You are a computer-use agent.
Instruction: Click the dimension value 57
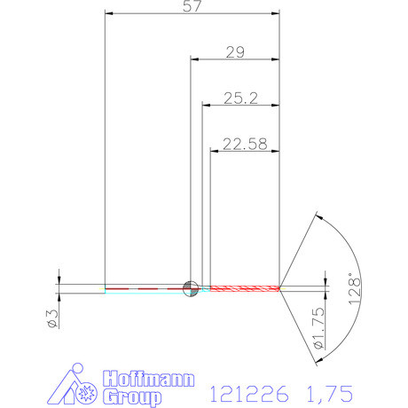191,6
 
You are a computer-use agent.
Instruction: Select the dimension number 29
235,52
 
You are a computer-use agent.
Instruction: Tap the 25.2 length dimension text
239,99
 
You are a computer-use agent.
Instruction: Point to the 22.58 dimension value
244,144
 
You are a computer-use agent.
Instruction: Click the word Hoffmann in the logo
147,379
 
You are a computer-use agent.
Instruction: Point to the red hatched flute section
241,287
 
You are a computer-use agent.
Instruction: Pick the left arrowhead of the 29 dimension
194,60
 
